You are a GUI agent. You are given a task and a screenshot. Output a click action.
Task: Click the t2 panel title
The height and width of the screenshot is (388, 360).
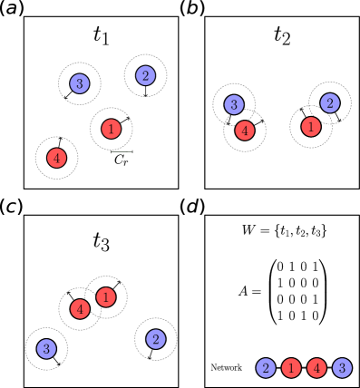click(282, 36)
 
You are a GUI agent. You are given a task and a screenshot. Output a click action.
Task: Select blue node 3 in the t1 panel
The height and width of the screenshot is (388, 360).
click(79, 84)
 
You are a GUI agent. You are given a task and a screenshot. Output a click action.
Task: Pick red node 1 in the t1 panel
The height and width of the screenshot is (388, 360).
click(111, 130)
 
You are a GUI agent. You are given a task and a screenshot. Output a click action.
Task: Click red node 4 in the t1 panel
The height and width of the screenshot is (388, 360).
click(57, 157)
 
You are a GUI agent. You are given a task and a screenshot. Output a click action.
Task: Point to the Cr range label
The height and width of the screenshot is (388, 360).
click(122, 160)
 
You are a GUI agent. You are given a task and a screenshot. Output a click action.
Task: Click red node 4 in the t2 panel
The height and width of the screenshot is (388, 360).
click(244, 130)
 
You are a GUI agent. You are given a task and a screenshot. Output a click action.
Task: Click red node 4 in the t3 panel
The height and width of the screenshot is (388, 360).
click(81, 309)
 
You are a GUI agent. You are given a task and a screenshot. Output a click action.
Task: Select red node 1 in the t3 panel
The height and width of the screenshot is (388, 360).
click(106, 296)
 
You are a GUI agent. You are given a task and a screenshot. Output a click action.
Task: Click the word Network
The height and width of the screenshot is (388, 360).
click(227, 367)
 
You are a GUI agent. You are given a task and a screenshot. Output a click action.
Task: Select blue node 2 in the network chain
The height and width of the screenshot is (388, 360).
click(266, 368)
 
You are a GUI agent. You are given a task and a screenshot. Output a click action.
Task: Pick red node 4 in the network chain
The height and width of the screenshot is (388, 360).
click(316, 368)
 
